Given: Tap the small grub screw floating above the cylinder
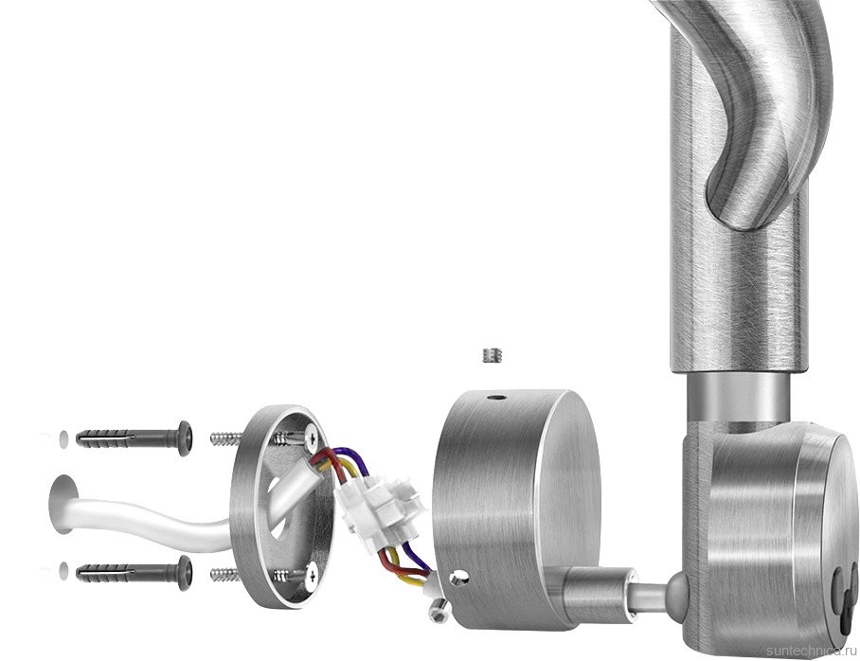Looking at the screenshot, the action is point(493,355).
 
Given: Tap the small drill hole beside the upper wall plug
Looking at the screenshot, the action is point(63,438).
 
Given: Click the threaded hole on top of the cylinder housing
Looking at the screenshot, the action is point(498,397).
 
